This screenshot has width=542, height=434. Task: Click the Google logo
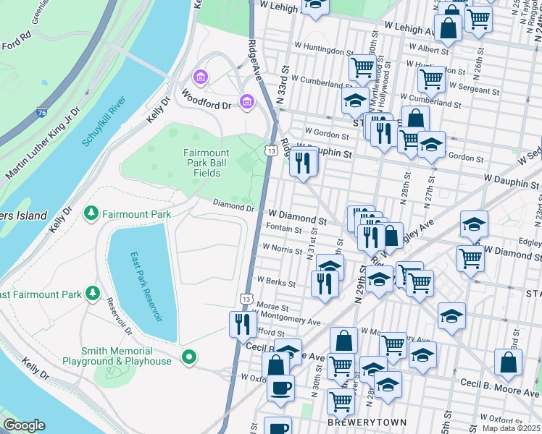pyautogui.click(x=24, y=425)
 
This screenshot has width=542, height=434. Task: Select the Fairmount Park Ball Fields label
pyautogui.click(x=207, y=163)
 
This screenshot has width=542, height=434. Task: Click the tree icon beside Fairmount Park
pyautogui.click(x=91, y=213)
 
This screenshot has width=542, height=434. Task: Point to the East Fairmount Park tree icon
pyautogui.click(x=92, y=293)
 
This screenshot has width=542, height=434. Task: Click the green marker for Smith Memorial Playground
pyautogui.click(x=188, y=356)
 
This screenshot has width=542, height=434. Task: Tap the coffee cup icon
pyautogui.click(x=280, y=387)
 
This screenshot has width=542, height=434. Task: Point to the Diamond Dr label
pyautogui.click(x=233, y=208)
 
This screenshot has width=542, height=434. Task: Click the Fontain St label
pyautogui.click(x=283, y=229)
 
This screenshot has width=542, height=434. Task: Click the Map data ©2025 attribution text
pyautogui.click(x=512, y=428)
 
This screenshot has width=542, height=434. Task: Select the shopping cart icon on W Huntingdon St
pyautogui.click(x=362, y=68)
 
